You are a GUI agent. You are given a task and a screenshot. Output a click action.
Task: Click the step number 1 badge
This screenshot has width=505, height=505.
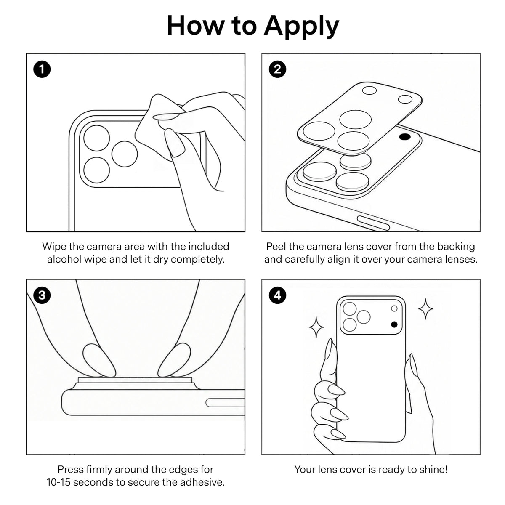pos(42,69)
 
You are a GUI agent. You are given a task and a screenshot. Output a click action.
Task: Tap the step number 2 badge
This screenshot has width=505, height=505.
pos(277,69)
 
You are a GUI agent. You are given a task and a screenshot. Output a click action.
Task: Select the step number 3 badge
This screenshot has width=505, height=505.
pos(42,295)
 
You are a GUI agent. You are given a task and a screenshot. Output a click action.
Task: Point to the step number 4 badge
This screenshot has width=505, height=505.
pos(277,295)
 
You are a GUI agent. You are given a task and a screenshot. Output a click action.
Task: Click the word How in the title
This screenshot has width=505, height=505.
pos(196,26)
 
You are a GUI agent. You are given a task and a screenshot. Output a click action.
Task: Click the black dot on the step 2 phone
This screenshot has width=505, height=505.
pos(405,136)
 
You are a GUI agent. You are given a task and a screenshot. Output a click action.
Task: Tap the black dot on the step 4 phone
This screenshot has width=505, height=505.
pos(394,325)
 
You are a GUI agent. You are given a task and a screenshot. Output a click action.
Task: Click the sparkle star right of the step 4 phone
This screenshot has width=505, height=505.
pos(425,309)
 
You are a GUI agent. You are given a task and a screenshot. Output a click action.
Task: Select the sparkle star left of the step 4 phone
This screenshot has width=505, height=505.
pos(316,327)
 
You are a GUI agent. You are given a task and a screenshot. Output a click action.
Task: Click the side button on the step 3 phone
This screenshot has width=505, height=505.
pos(225,403)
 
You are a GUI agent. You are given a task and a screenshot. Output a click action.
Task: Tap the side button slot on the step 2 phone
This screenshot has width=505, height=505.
pos(373,223)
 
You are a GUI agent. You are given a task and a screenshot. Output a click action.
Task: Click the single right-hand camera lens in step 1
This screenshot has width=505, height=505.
pos(125,154)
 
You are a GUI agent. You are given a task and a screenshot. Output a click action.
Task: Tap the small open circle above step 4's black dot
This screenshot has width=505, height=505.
pos(394,308)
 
